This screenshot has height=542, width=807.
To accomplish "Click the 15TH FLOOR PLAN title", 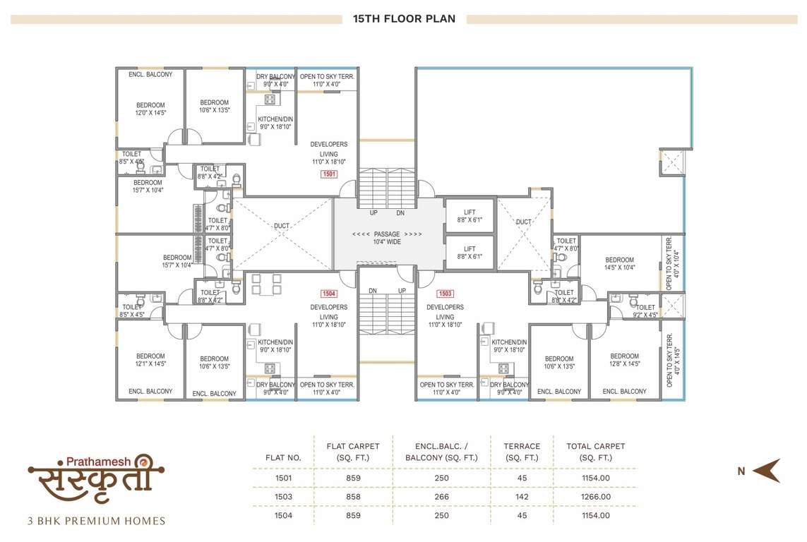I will tap(404, 19).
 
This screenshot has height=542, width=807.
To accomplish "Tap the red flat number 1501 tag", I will tap(329, 174).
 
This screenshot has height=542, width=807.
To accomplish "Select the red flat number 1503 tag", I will tap(445, 294).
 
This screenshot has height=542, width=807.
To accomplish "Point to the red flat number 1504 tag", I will tap(329, 294).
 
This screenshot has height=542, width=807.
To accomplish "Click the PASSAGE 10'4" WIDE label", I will tap(387, 238).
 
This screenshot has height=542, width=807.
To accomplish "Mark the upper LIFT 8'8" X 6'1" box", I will tap(470, 215).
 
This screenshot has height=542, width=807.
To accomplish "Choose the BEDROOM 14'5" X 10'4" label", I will tap(619, 264).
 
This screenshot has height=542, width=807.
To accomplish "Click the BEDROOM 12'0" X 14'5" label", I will tap(150, 109).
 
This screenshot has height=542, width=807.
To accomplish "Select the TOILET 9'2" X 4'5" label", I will tap(645, 311).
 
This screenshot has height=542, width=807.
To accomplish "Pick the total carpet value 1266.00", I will tap(595, 497).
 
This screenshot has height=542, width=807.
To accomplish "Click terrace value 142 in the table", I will tap(522, 497).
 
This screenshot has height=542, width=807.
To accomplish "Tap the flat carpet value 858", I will tap(353, 497).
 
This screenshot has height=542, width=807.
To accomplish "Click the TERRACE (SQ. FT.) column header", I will tap(522, 452).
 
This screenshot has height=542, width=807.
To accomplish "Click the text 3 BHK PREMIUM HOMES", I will tap(96, 522).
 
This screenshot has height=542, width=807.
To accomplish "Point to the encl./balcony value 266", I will tap(441, 497).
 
